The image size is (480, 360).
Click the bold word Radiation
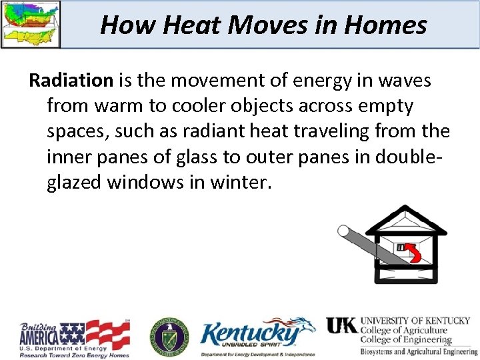pos(71,81)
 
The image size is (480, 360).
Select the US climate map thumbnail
pos(31,24)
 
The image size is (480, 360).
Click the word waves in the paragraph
pos(398,81)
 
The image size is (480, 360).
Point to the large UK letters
pos(341,325)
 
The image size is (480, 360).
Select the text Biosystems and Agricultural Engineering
pos(419,351)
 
